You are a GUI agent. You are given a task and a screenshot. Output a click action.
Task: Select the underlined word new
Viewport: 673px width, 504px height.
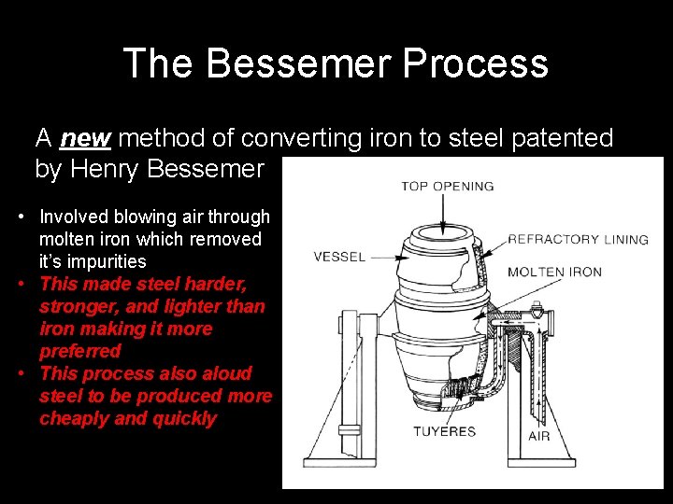(86, 139)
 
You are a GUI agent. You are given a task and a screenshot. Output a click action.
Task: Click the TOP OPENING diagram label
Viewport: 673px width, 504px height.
(447, 186)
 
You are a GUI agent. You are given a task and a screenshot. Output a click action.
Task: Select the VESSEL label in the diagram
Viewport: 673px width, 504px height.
(339, 257)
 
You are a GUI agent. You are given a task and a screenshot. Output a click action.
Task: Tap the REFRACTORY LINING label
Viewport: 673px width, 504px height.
(577, 240)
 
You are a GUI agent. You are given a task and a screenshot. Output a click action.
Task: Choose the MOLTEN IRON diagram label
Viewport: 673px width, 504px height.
(554, 273)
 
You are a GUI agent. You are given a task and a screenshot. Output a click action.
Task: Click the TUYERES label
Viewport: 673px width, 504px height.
(444, 431)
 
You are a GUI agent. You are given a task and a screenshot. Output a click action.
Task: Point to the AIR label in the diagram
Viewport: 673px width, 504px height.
(538, 436)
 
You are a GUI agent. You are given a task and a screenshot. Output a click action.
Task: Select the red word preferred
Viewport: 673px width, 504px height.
(80, 351)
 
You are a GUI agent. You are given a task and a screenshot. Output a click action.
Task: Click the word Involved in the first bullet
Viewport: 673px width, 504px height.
(74, 217)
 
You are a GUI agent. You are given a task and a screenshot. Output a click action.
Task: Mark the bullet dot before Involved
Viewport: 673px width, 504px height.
(21, 217)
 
